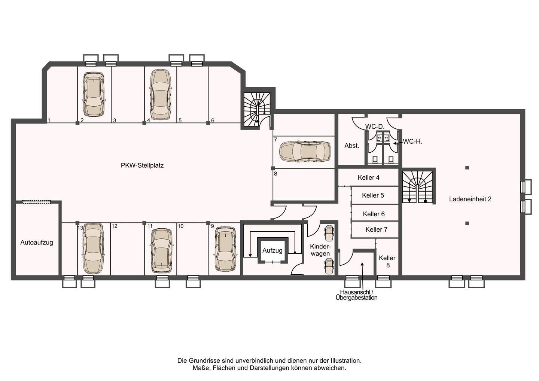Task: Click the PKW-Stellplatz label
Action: click(x=142, y=165)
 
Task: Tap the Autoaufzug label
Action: click(x=37, y=243)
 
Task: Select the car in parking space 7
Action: click(x=305, y=152)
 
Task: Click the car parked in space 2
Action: click(x=94, y=94)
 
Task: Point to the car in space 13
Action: click(x=93, y=249)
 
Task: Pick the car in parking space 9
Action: click(x=225, y=249)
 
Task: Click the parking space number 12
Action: click(x=115, y=226)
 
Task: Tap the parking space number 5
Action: click(x=180, y=121)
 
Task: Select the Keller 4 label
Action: click(x=368, y=177)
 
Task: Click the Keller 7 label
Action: click(x=376, y=229)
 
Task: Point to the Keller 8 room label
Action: click(x=387, y=262)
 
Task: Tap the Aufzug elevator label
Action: click(x=272, y=251)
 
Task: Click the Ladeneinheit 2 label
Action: click(x=470, y=199)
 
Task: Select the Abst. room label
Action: click(x=352, y=146)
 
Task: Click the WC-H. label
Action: click(x=412, y=142)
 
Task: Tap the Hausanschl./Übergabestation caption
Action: click(x=356, y=295)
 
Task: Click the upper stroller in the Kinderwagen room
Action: click(x=329, y=233)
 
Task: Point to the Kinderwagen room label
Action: click(x=320, y=250)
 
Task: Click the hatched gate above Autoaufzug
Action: click(x=37, y=202)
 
